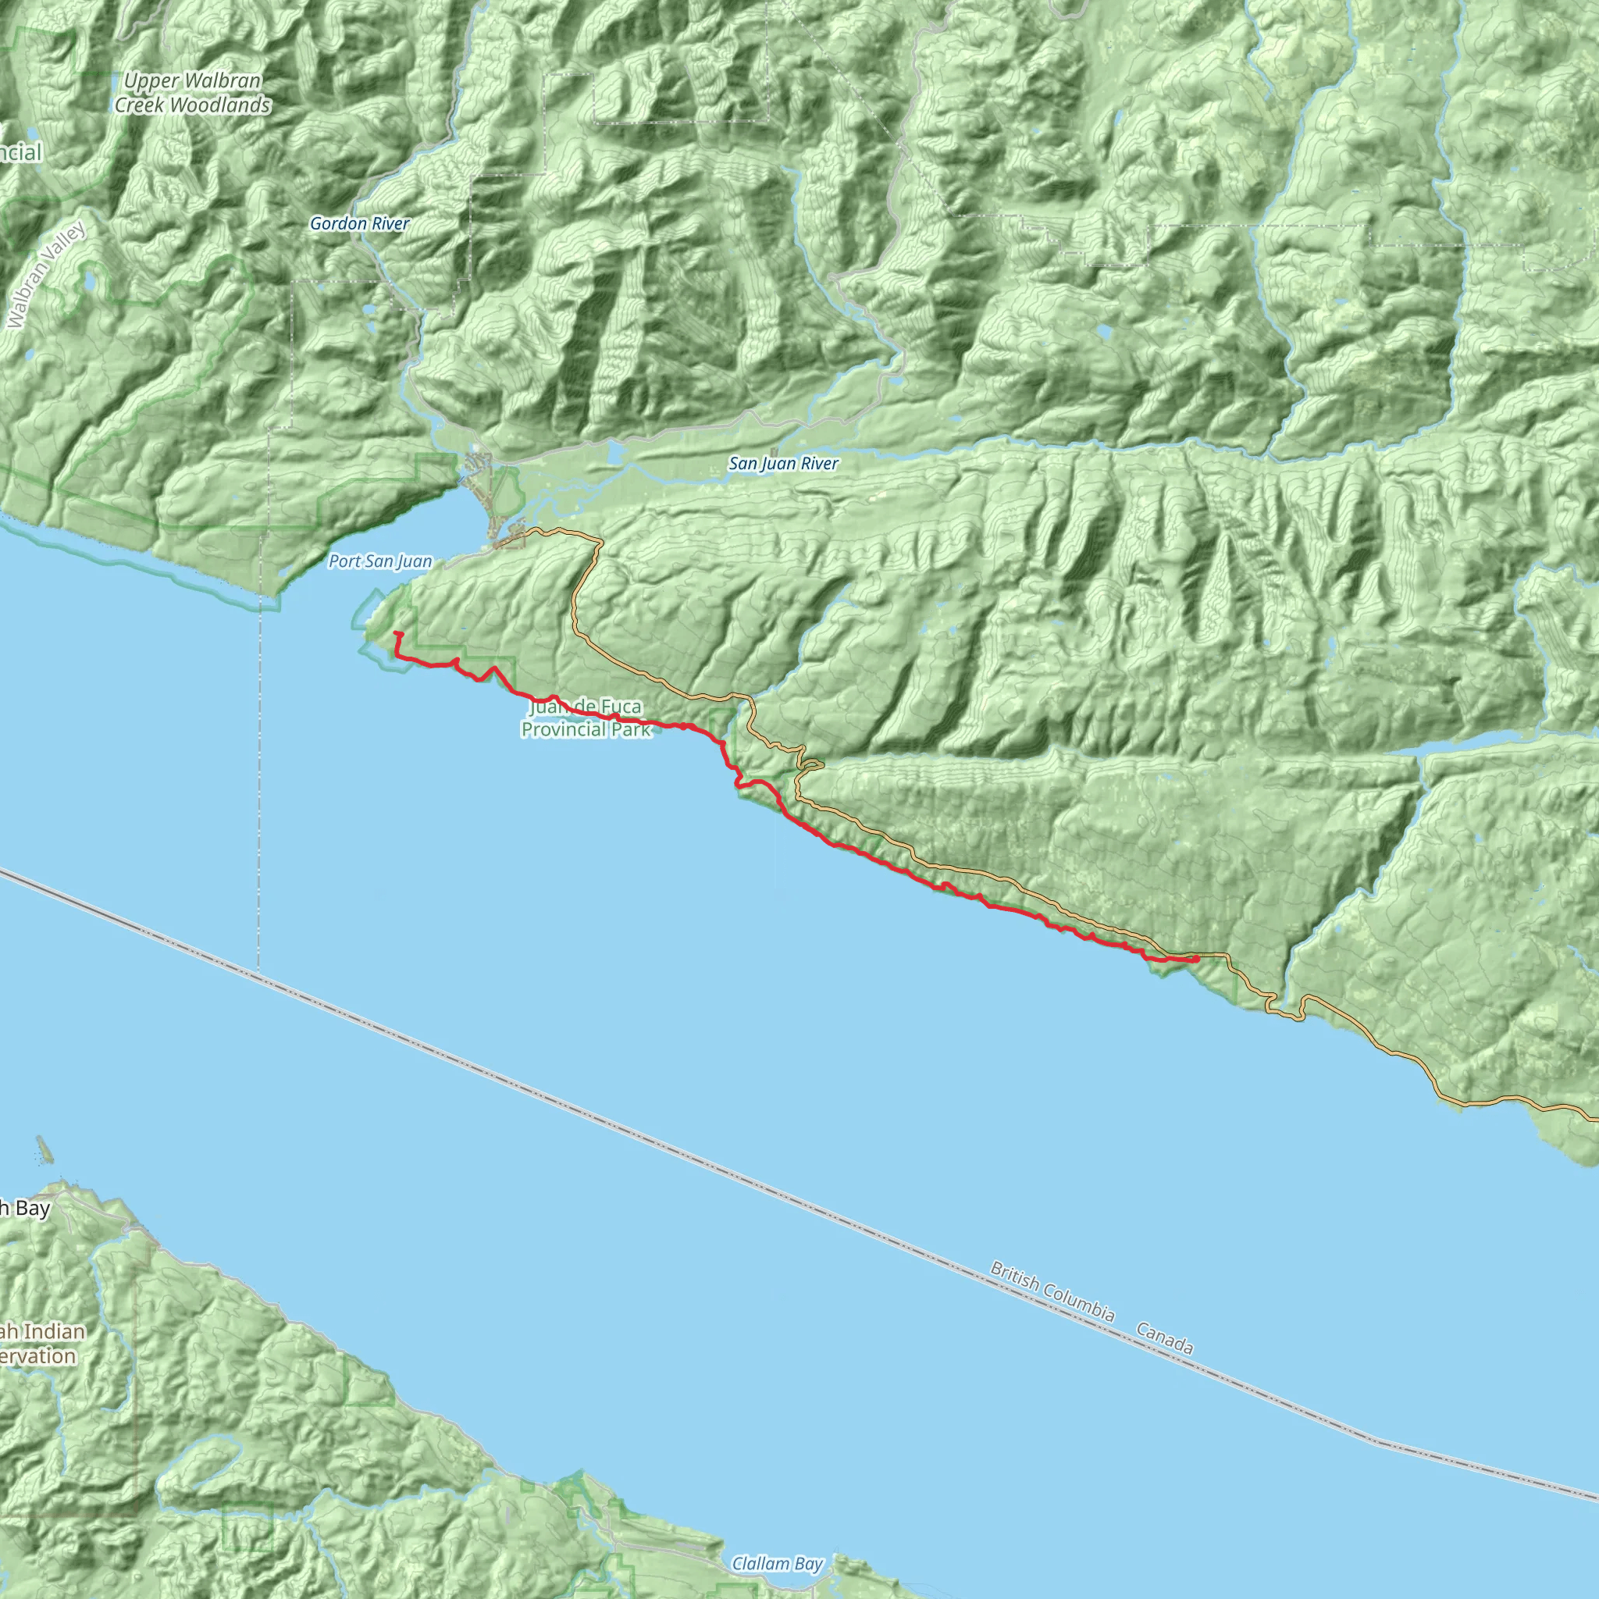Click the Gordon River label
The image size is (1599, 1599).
pos(359,223)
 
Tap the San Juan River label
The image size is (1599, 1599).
pos(783,465)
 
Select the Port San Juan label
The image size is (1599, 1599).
pos(380,561)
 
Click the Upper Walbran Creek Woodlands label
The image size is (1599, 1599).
pos(192,93)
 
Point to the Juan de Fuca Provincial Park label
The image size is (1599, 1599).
pos(585,718)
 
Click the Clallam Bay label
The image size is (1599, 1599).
pos(777,1563)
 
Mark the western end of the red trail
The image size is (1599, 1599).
pos(396,633)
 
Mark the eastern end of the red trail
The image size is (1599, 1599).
pos(1197,959)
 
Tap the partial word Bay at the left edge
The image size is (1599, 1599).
pos(31,1209)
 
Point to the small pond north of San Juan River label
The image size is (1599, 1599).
pos(614,452)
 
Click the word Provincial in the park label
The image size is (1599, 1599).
pos(563,730)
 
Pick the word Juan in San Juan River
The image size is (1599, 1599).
pos(775,465)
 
